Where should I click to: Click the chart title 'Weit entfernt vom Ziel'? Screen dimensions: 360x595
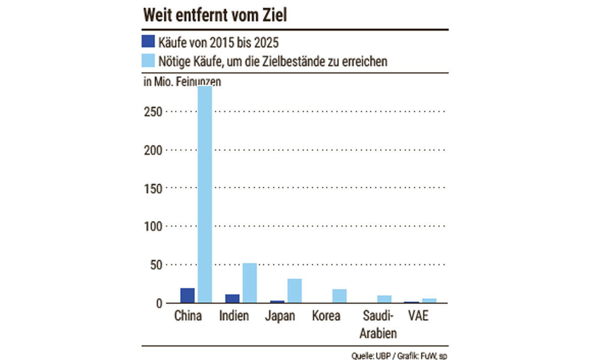click(215, 16)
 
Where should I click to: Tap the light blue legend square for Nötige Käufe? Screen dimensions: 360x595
click(148, 61)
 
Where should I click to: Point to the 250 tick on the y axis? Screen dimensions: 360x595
click(152, 112)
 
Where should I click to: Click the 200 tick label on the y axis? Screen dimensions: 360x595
click(152, 150)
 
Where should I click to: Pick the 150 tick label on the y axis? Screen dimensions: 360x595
click(152, 188)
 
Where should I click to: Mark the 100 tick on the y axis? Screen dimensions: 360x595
click(152, 227)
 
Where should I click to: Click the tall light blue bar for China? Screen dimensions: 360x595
click(204, 194)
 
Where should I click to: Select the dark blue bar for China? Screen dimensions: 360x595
click(188, 295)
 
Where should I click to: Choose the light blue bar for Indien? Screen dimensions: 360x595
click(250, 283)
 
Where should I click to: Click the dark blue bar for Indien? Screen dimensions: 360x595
click(233, 298)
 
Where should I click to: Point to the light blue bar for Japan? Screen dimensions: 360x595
click(295, 290)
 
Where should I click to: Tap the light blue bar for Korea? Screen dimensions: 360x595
click(340, 296)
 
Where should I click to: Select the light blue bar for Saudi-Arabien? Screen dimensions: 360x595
click(385, 299)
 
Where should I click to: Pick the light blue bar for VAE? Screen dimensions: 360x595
click(429, 300)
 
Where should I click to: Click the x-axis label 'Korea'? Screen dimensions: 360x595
click(326, 317)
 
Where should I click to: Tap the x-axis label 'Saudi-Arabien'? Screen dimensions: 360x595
click(378, 325)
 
